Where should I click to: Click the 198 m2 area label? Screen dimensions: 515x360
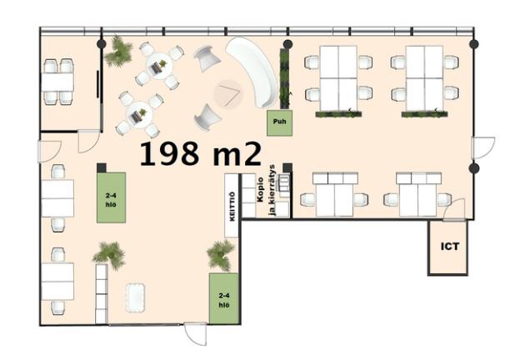(x=201, y=153)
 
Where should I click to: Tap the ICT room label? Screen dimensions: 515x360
(x=450, y=247)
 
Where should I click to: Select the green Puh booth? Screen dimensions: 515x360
(x=279, y=122)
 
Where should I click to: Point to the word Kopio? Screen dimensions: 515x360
(x=261, y=189)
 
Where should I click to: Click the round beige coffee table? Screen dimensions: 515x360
(x=228, y=93)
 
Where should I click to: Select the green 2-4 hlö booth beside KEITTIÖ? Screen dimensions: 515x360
(x=111, y=197)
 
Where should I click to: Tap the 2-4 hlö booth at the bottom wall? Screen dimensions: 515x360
(x=223, y=298)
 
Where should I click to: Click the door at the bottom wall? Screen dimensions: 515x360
(x=196, y=333)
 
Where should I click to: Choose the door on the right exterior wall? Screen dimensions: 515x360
(x=482, y=147)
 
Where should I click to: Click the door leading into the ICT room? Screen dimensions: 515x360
(x=454, y=209)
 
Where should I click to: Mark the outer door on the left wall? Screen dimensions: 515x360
(x=49, y=152)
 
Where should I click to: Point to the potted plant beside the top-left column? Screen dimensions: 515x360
(x=118, y=52)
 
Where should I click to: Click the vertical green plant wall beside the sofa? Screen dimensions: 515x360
(x=286, y=79)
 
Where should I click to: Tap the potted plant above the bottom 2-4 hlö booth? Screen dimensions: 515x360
(x=220, y=254)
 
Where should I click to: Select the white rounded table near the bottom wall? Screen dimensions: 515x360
(x=136, y=297)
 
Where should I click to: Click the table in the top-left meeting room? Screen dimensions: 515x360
(x=57, y=82)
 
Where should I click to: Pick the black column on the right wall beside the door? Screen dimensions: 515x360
(x=474, y=168)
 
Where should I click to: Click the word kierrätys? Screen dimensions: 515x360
(x=272, y=191)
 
